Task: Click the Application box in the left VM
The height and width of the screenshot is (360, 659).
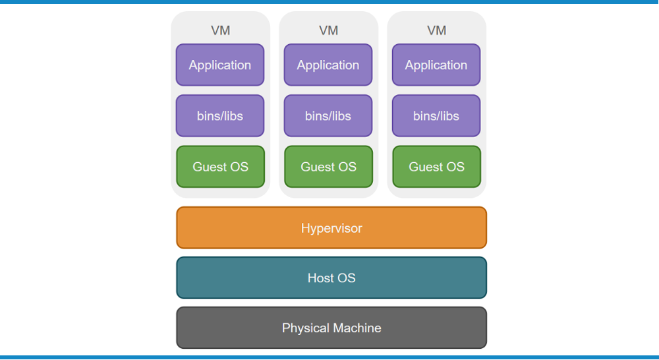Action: point(220,65)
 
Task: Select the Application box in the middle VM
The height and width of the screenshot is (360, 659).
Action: point(328,65)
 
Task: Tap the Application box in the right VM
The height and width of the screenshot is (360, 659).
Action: point(436,65)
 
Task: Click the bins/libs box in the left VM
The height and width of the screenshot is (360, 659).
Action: point(220,115)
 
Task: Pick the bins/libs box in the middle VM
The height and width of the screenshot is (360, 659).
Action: point(328,115)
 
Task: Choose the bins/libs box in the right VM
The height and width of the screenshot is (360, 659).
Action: point(436,115)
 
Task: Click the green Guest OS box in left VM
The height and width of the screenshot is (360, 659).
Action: point(221,167)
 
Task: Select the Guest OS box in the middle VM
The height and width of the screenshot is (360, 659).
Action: point(329,167)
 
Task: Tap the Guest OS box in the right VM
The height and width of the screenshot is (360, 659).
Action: point(437,167)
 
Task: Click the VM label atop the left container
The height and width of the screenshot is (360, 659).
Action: point(221,30)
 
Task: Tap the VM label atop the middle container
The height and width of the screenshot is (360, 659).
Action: point(329,30)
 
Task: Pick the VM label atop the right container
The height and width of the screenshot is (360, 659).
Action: point(437,30)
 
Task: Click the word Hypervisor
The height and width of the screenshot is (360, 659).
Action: point(331,229)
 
